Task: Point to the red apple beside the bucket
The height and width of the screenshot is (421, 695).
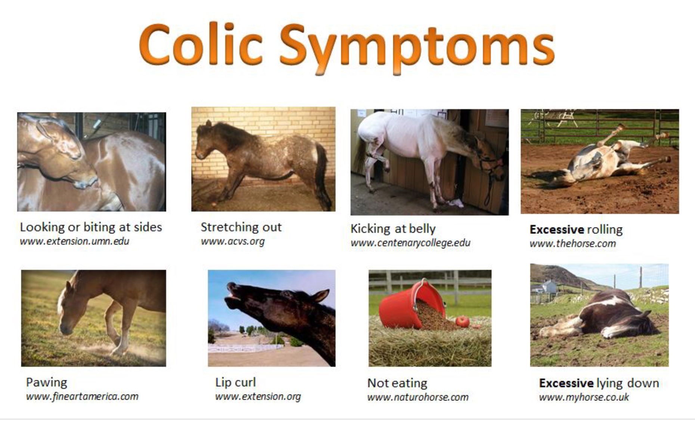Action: [x=462, y=322]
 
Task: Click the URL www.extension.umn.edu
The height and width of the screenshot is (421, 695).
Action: [x=74, y=241]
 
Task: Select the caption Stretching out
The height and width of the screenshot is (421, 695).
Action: [x=241, y=227]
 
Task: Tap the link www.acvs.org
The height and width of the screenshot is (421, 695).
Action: [x=232, y=241]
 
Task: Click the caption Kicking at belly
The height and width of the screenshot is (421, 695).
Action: [x=393, y=229]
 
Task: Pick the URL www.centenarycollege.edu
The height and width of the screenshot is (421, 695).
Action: [x=410, y=243]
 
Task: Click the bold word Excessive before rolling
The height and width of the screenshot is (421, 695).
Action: [x=556, y=229]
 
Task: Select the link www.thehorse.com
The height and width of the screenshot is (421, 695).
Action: [x=573, y=244]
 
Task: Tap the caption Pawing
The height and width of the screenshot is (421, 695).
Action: [x=47, y=383]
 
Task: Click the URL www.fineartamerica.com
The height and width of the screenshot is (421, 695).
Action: [x=82, y=396]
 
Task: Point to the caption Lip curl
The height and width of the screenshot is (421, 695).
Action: [x=235, y=382]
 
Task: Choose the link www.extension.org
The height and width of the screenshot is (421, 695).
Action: [x=258, y=396]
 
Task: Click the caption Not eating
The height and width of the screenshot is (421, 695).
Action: [x=397, y=383]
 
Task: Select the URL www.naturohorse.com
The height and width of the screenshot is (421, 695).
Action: [x=418, y=397]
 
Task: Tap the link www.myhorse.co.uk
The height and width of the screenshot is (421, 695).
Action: [x=584, y=397]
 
